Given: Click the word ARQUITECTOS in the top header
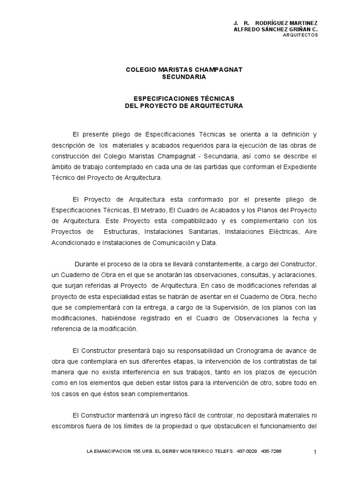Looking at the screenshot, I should click(300, 35).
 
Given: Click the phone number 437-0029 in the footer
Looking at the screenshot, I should click(246, 451).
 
